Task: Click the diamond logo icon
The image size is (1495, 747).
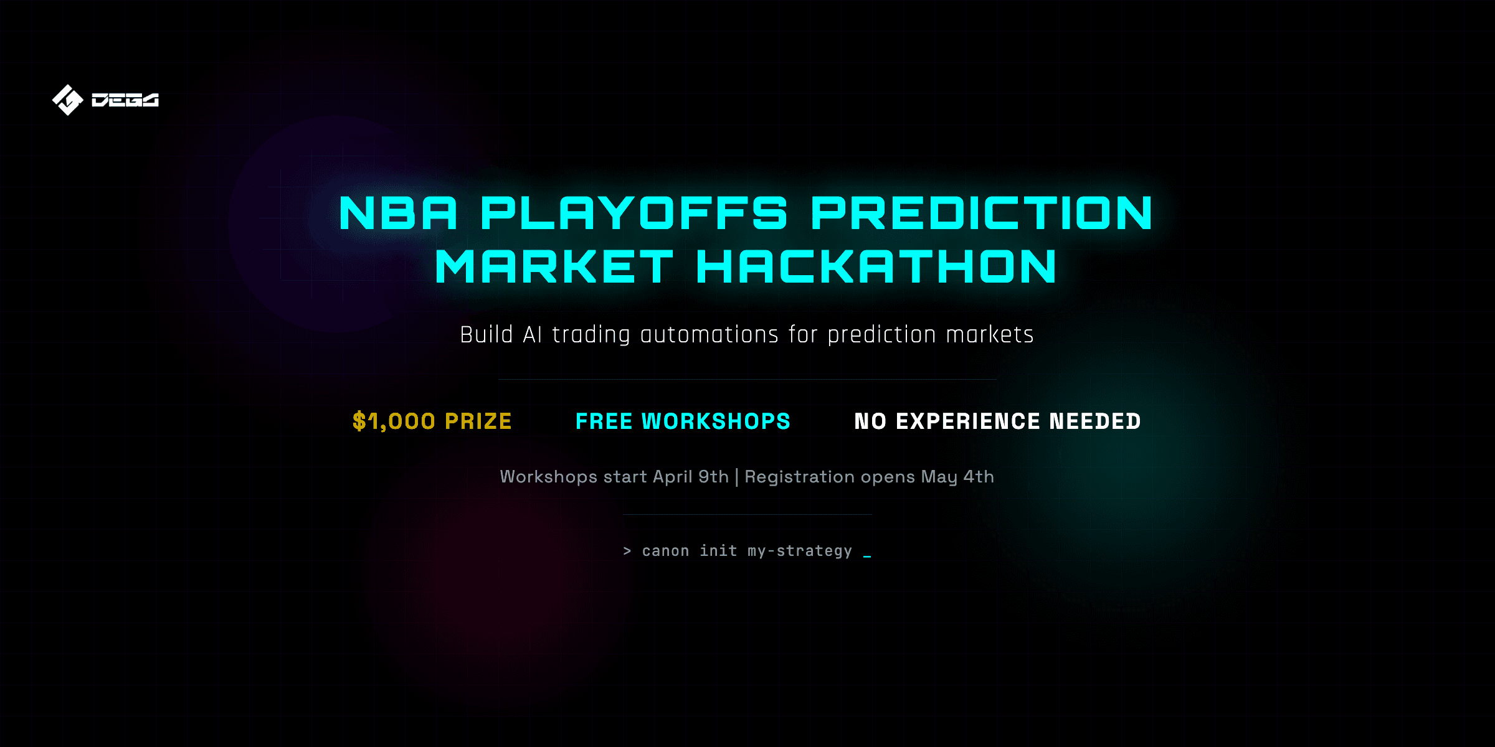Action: (x=67, y=100)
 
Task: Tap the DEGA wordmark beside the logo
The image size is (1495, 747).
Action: (x=125, y=100)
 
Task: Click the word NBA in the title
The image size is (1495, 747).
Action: (x=398, y=213)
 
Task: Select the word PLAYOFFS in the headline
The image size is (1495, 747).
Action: (x=634, y=213)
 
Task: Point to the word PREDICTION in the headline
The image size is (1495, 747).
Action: (x=982, y=213)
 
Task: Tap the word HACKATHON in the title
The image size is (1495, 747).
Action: (x=876, y=266)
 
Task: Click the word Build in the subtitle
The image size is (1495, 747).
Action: (x=486, y=335)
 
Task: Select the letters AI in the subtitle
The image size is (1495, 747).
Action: (x=533, y=335)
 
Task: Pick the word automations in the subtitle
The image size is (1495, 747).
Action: (x=709, y=335)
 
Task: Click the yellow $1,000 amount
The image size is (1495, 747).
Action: (x=394, y=421)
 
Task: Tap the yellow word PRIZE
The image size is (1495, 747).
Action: (x=478, y=421)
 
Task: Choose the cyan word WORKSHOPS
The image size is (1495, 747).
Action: (x=716, y=421)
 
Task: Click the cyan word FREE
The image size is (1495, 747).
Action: (x=604, y=421)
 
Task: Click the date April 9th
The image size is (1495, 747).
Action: (x=691, y=477)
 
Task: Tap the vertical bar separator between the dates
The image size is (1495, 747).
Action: (x=737, y=477)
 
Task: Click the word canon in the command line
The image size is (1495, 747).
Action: (x=665, y=551)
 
